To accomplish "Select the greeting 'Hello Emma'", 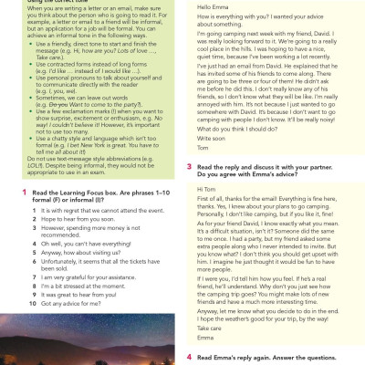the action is [x=213, y=8].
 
